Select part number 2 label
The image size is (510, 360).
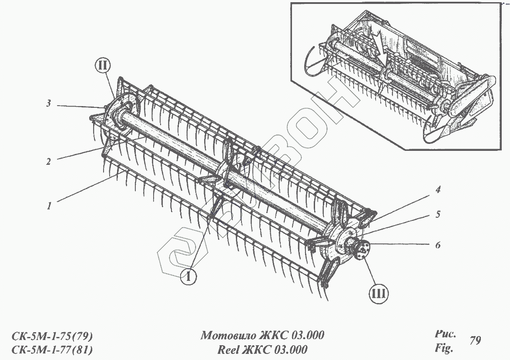(49, 161)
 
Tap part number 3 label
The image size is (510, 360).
(49, 103)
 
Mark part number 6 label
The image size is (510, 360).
(438, 245)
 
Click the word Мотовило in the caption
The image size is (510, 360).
(228, 335)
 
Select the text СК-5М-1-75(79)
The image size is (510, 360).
(52, 336)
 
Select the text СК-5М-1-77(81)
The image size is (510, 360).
(52, 350)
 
